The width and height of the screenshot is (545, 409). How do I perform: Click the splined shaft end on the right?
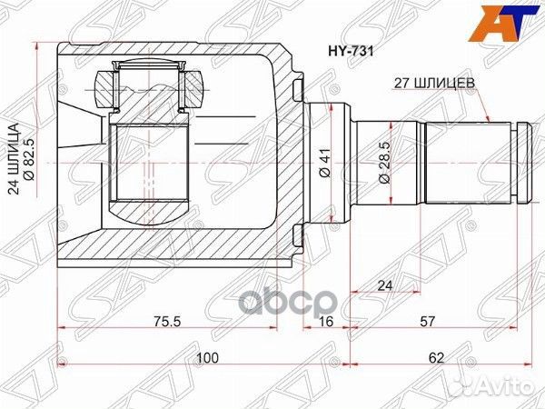point(472,162)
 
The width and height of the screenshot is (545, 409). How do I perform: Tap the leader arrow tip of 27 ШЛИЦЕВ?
point(491,121)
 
